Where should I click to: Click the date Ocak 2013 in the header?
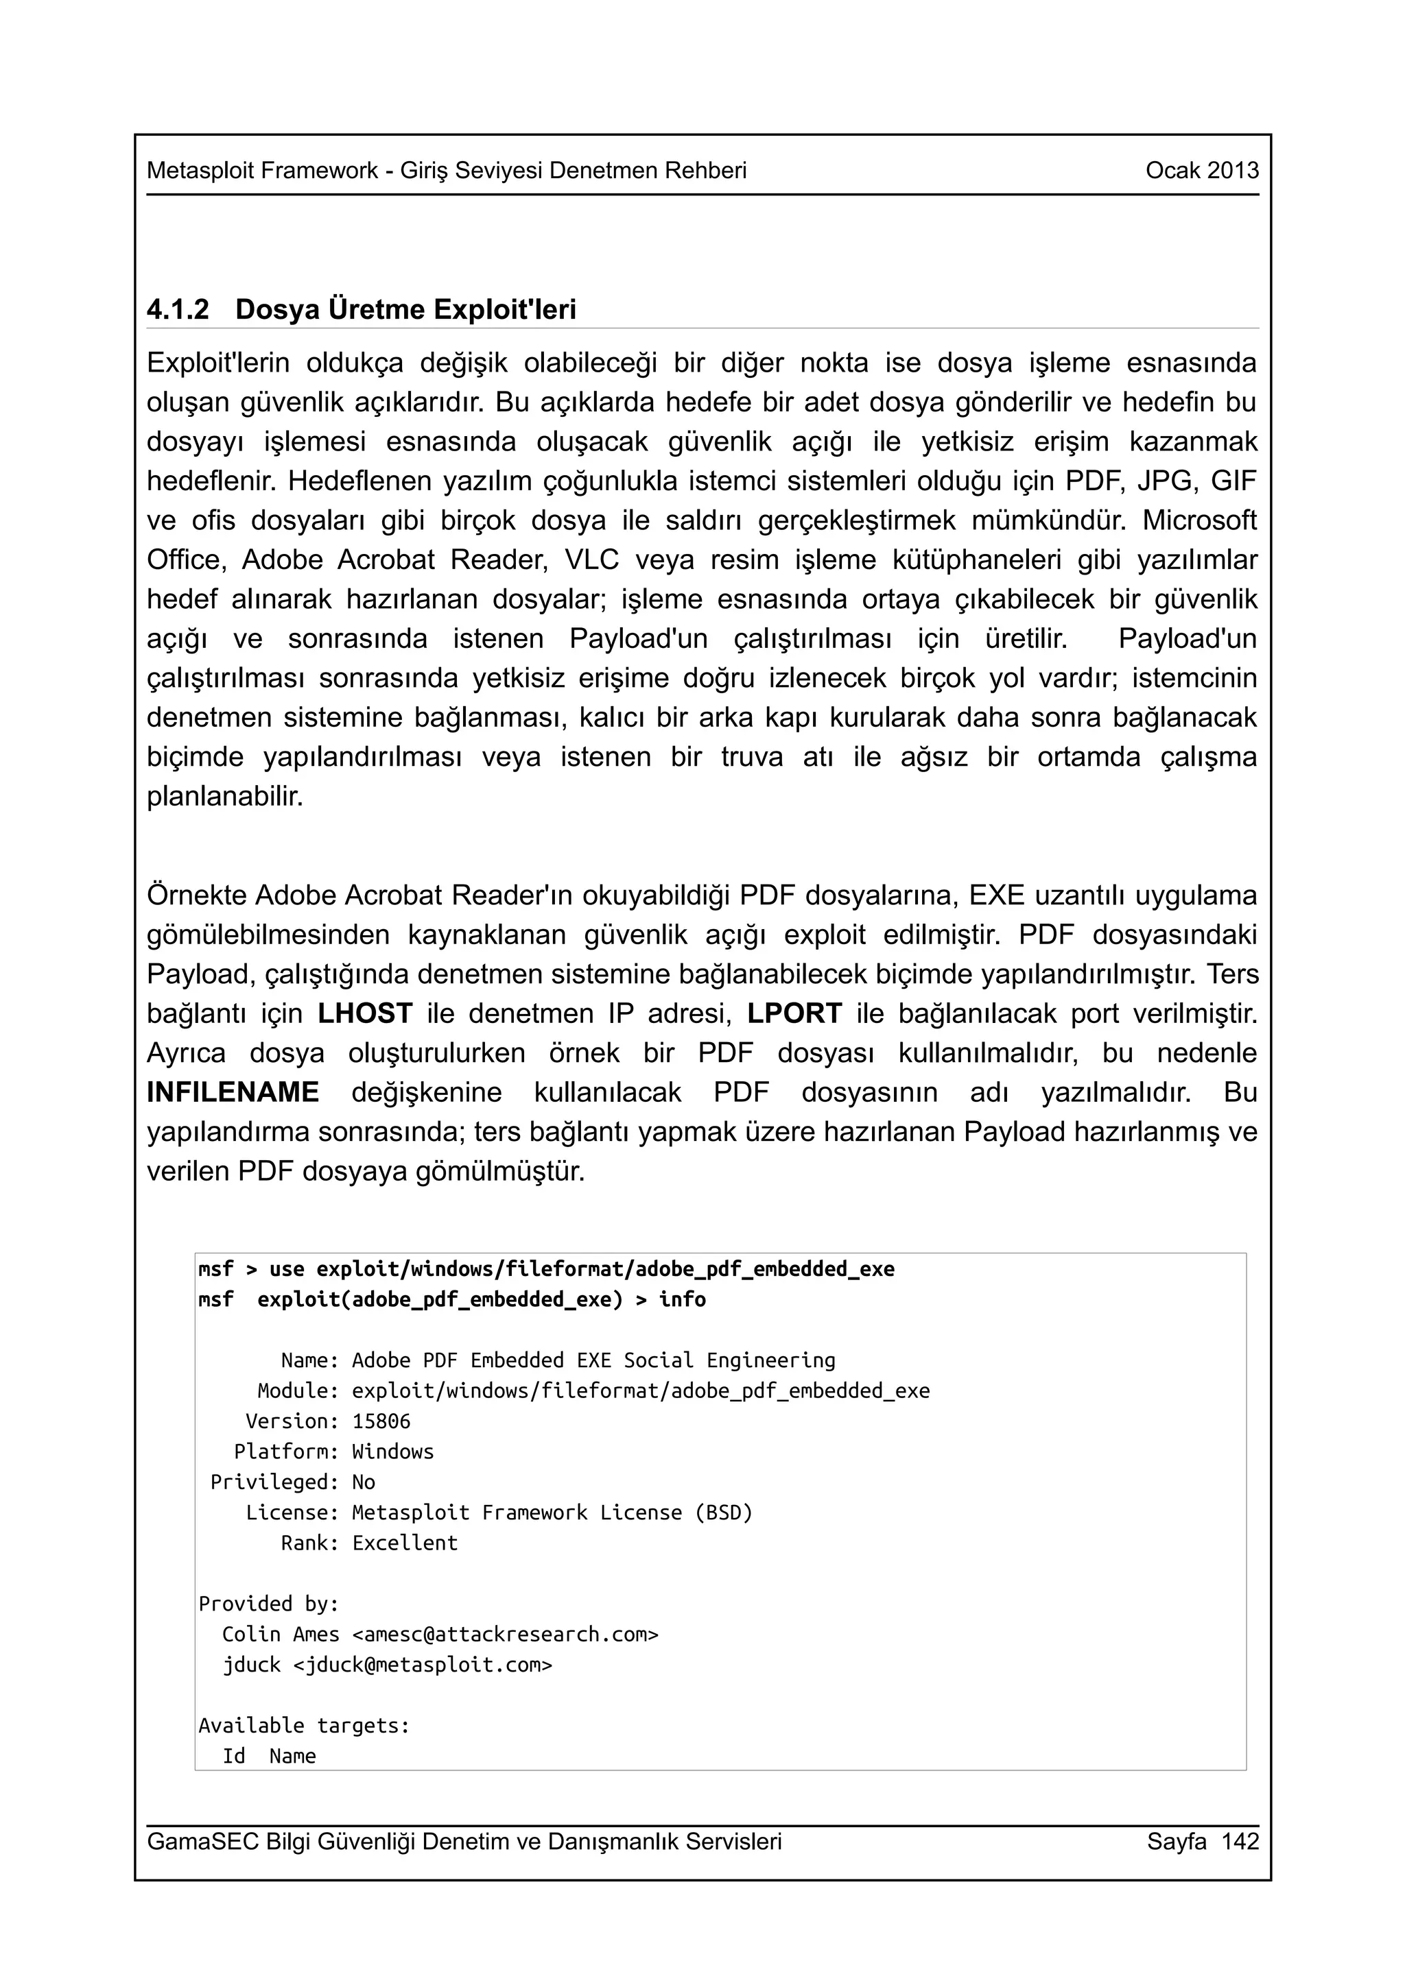1201,171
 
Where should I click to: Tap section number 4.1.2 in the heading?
178,310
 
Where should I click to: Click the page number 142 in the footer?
1240,1841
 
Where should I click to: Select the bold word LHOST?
364,1013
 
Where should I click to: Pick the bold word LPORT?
794,1013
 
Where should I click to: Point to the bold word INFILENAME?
233,1092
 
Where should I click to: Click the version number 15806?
381,1421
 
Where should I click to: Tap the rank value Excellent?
404,1542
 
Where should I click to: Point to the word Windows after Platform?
392,1452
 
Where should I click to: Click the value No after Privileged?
364,1482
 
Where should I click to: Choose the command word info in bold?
682,1299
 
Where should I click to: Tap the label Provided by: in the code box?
268,1604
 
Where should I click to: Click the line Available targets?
304,1725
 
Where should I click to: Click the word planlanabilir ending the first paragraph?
225,796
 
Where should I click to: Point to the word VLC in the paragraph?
592,560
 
